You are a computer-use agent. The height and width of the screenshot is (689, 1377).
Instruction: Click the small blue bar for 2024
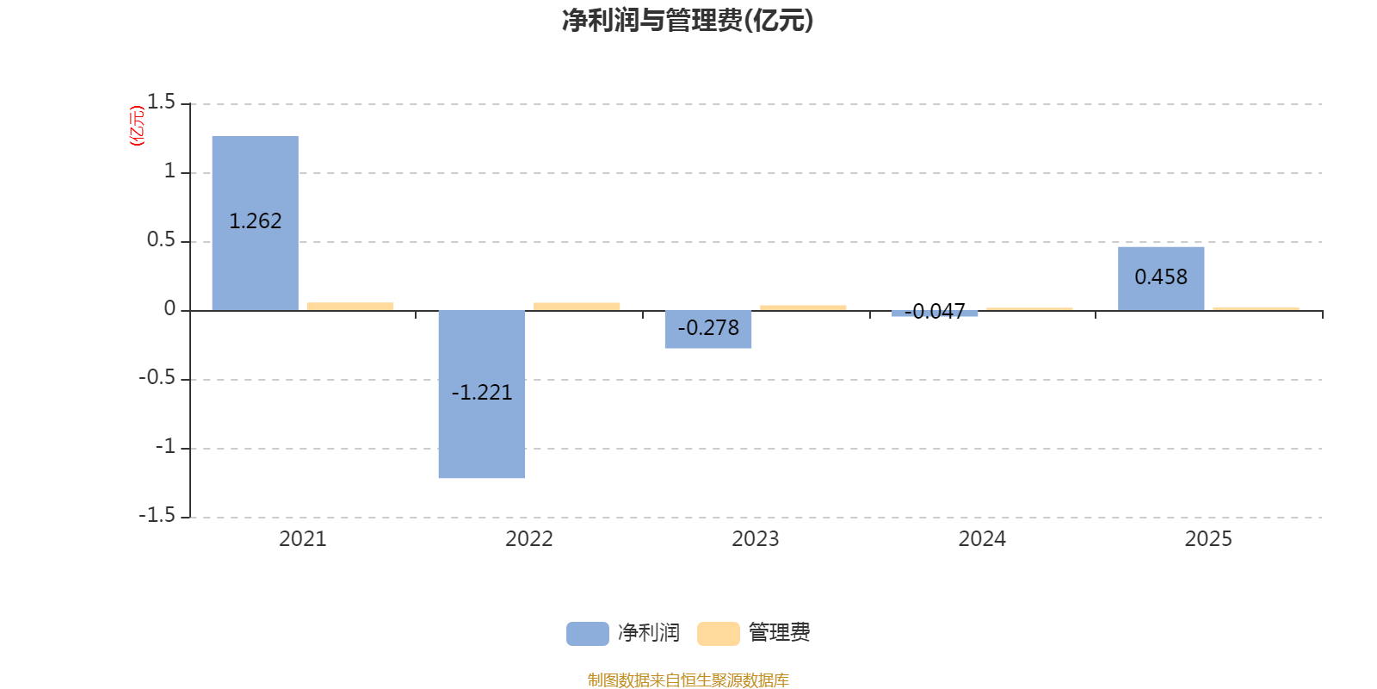click(935, 313)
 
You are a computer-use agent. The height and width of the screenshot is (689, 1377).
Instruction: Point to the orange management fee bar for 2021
click(350, 306)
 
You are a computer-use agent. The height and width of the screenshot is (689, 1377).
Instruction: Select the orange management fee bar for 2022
click(577, 306)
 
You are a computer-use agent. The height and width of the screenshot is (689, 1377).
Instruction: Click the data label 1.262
click(255, 221)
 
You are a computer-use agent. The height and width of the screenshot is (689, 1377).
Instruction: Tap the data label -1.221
click(481, 393)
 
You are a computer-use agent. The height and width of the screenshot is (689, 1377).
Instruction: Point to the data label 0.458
click(1161, 277)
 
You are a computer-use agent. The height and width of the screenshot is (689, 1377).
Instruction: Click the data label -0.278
click(707, 328)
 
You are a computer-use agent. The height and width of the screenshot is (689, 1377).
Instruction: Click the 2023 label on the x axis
click(755, 539)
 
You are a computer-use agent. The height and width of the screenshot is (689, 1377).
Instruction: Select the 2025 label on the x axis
click(1208, 539)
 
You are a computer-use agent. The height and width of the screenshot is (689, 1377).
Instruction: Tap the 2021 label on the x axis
click(302, 539)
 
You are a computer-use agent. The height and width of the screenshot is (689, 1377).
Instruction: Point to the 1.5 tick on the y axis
click(161, 102)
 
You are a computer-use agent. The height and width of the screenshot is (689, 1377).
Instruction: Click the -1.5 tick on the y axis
click(157, 515)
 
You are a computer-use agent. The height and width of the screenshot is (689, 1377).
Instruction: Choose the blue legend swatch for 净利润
click(587, 633)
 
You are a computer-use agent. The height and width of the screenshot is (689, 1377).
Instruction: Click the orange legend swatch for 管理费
click(718, 633)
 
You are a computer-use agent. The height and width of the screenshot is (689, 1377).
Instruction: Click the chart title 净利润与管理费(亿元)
click(688, 20)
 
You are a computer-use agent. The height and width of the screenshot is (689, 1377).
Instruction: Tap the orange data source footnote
click(688, 680)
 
